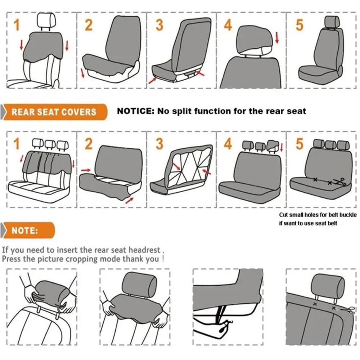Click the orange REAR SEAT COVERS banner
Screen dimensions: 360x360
[54, 112]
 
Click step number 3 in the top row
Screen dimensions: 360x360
[159, 25]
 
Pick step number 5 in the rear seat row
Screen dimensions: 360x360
[299, 144]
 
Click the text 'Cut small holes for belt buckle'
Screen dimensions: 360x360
[318, 215]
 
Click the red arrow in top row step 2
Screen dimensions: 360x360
[83, 73]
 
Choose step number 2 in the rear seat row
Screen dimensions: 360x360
[89, 144]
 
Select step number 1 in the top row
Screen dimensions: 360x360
[16, 25]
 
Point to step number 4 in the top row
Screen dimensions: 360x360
[228, 25]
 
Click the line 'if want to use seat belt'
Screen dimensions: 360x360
[308, 224]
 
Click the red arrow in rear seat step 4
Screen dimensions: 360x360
[281, 148]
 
